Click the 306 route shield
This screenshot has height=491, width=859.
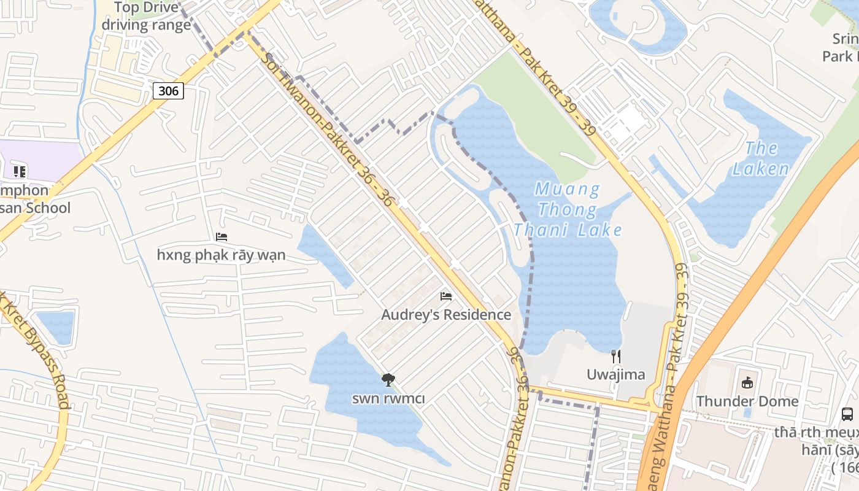coord(168,91)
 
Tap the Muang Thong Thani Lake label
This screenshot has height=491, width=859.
coord(568,209)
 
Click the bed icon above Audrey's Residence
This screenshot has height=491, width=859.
coord(446,296)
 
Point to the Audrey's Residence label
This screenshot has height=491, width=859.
coord(446,315)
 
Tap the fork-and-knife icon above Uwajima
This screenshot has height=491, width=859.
coord(617,356)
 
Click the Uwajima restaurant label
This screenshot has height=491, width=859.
coord(616,374)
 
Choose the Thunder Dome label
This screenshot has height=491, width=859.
coord(747,401)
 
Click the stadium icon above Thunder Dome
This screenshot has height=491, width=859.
coord(747,383)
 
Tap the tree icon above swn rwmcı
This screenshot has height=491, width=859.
coord(388,380)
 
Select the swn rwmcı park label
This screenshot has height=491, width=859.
coord(388,398)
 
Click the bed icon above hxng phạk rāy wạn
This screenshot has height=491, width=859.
coord(221,237)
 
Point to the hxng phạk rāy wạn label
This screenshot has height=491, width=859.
coord(221,255)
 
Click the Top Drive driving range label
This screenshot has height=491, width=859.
coord(146,17)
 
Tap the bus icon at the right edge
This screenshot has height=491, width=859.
coord(847,414)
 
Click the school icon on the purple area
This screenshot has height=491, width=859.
coord(20,171)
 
